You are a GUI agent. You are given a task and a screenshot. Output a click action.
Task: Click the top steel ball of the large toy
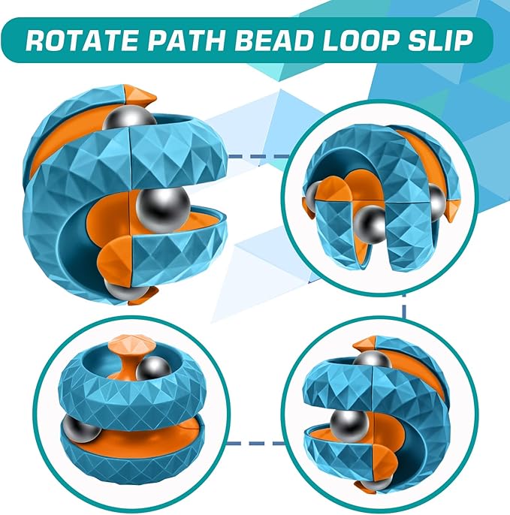tap(129, 118)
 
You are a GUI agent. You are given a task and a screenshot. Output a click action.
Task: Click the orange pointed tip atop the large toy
tap(139, 96)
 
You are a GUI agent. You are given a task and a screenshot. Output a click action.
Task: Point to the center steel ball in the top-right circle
tap(371, 225)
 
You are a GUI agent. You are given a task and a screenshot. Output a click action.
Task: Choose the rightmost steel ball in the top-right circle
tap(437, 203)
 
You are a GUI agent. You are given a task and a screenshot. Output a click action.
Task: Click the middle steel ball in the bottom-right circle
tap(349, 426)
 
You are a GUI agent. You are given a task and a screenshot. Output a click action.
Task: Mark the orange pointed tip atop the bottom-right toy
tap(365, 343)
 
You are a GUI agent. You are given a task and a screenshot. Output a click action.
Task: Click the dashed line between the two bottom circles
tap(255, 443)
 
